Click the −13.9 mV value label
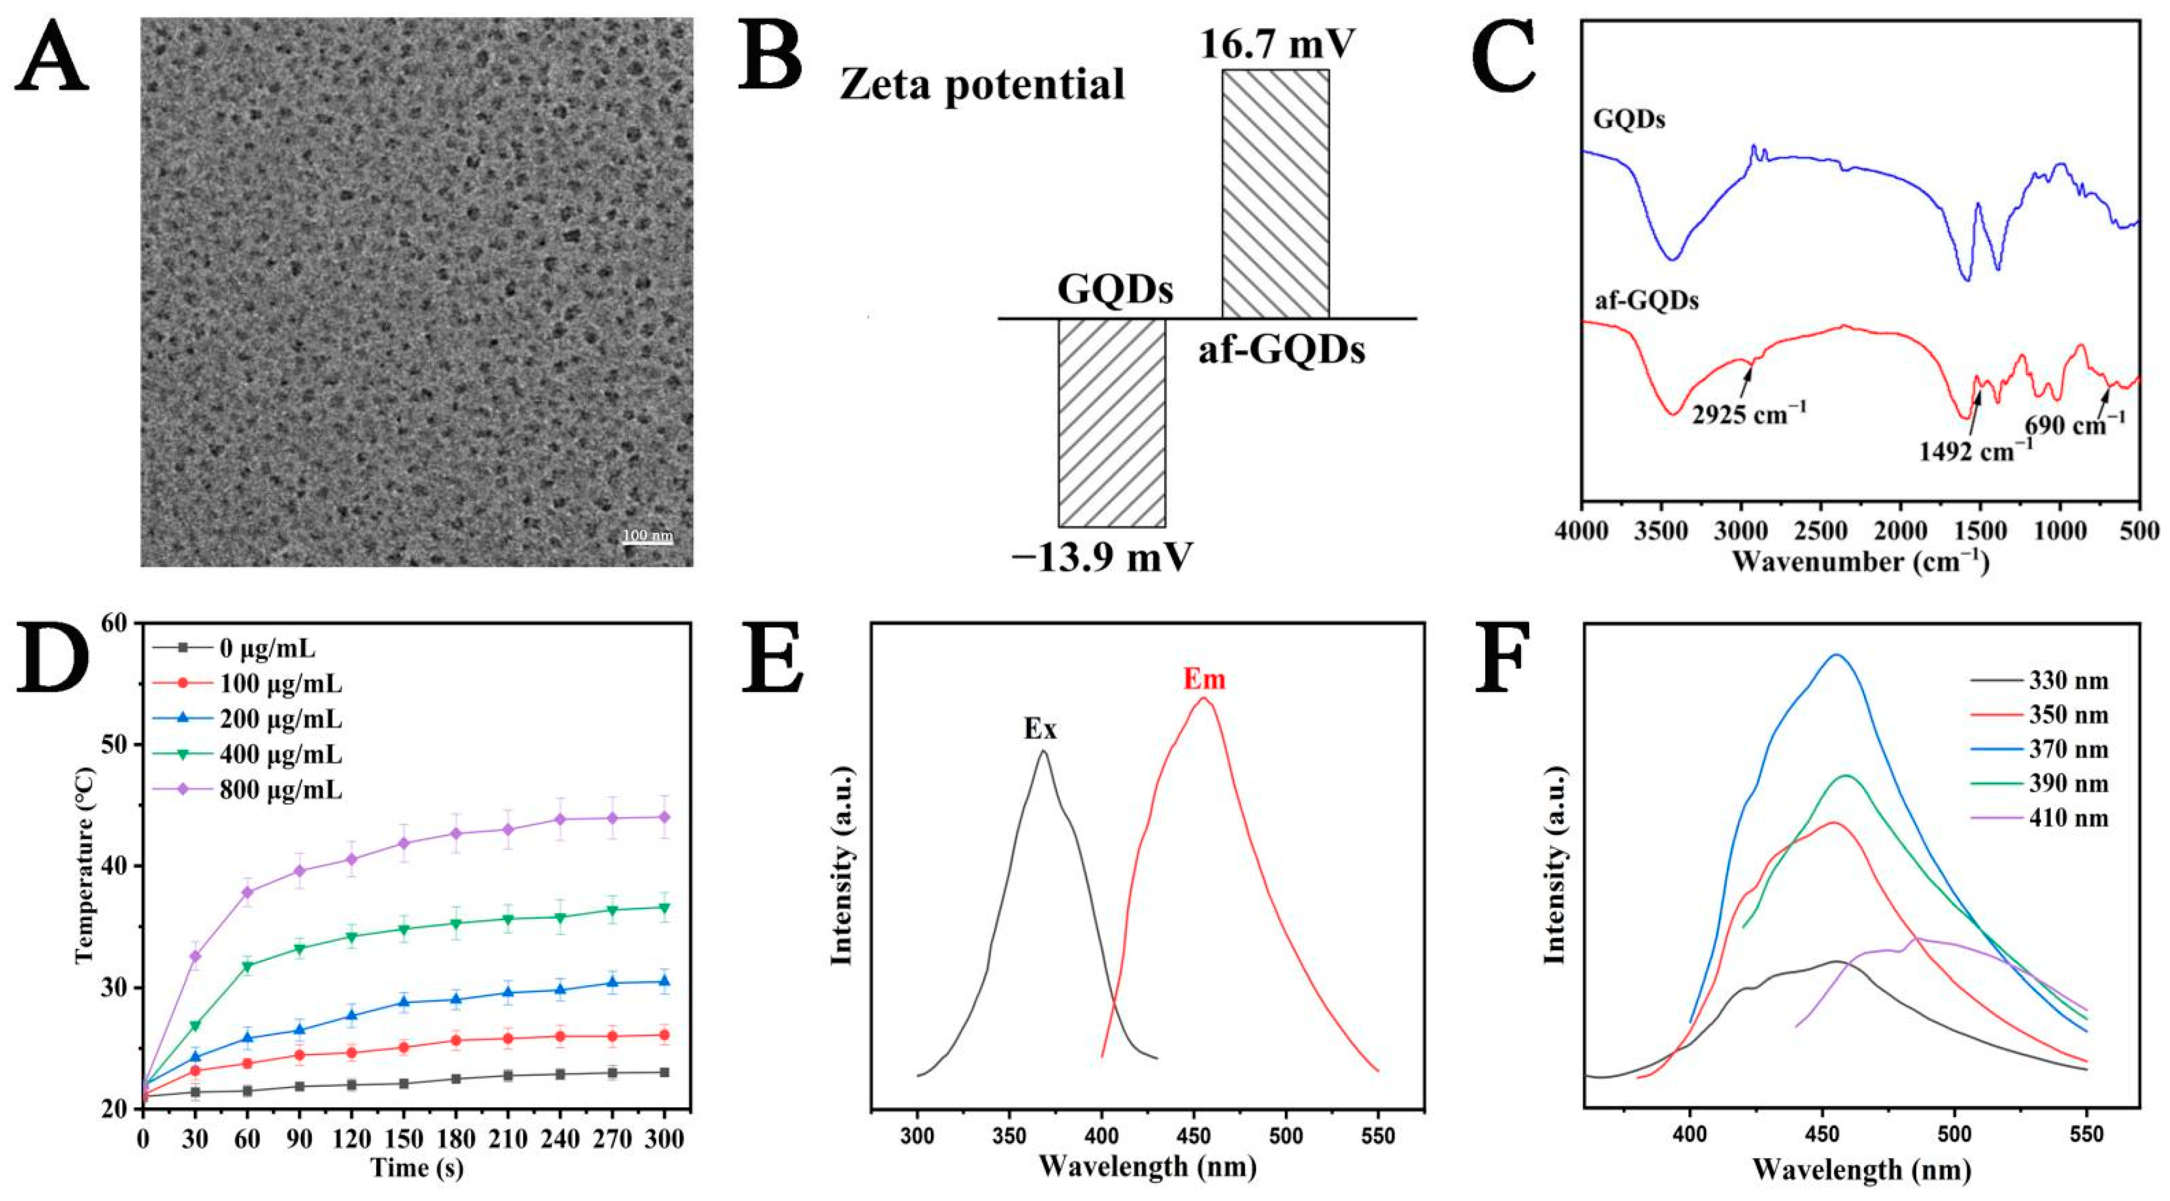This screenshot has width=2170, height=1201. [1103, 556]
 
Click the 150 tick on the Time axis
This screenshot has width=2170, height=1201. [404, 1139]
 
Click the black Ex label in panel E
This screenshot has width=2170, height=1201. [1039, 729]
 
